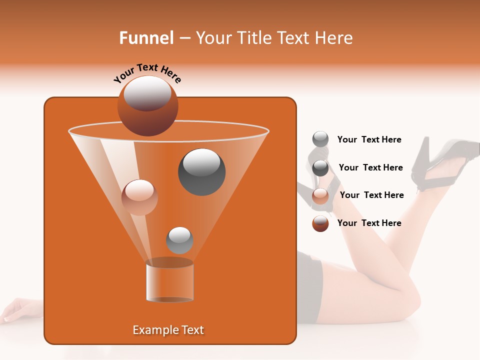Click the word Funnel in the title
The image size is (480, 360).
pos(146,38)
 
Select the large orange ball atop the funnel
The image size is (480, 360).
pos(147,106)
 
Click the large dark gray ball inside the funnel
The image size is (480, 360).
pos(201,172)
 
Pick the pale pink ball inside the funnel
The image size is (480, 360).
pos(139,197)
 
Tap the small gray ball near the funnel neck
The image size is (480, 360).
pos(179,240)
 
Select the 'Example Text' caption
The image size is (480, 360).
pos(168,330)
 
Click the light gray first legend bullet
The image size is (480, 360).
pos(320,139)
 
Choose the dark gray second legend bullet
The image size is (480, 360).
pos(320,168)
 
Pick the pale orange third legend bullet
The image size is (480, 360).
pos(320,195)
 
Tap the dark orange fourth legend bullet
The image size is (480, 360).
pos(320,223)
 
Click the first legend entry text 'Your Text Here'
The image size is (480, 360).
pos(369,140)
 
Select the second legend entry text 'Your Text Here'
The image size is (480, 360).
pos(370,167)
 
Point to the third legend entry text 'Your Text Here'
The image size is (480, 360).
pos(371,195)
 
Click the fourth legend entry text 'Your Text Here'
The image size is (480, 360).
pos(369,223)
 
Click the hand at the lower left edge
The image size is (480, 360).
pos(17,308)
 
